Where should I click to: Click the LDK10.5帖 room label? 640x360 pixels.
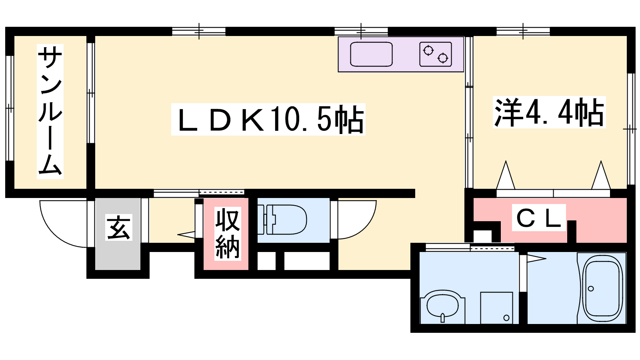tap(268, 119)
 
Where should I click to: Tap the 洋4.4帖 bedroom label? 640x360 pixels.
tap(549, 112)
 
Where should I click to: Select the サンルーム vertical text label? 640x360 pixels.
tap(50, 112)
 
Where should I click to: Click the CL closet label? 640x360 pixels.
tap(538, 218)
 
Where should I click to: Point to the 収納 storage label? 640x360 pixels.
tap(228, 234)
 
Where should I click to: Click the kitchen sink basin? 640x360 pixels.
tap(371, 54)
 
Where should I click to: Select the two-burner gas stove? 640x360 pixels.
tap(436, 54)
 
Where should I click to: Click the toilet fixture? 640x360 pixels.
tap(282, 220)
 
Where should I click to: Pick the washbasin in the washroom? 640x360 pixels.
tap(442, 306)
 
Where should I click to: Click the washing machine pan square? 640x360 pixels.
tap(496, 308)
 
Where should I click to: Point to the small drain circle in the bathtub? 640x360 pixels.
tap(591, 288)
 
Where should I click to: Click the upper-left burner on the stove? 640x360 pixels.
tap(428, 50)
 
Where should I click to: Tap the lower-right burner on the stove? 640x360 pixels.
tap(443, 58)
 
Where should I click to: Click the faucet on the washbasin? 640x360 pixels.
tap(442, 318)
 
